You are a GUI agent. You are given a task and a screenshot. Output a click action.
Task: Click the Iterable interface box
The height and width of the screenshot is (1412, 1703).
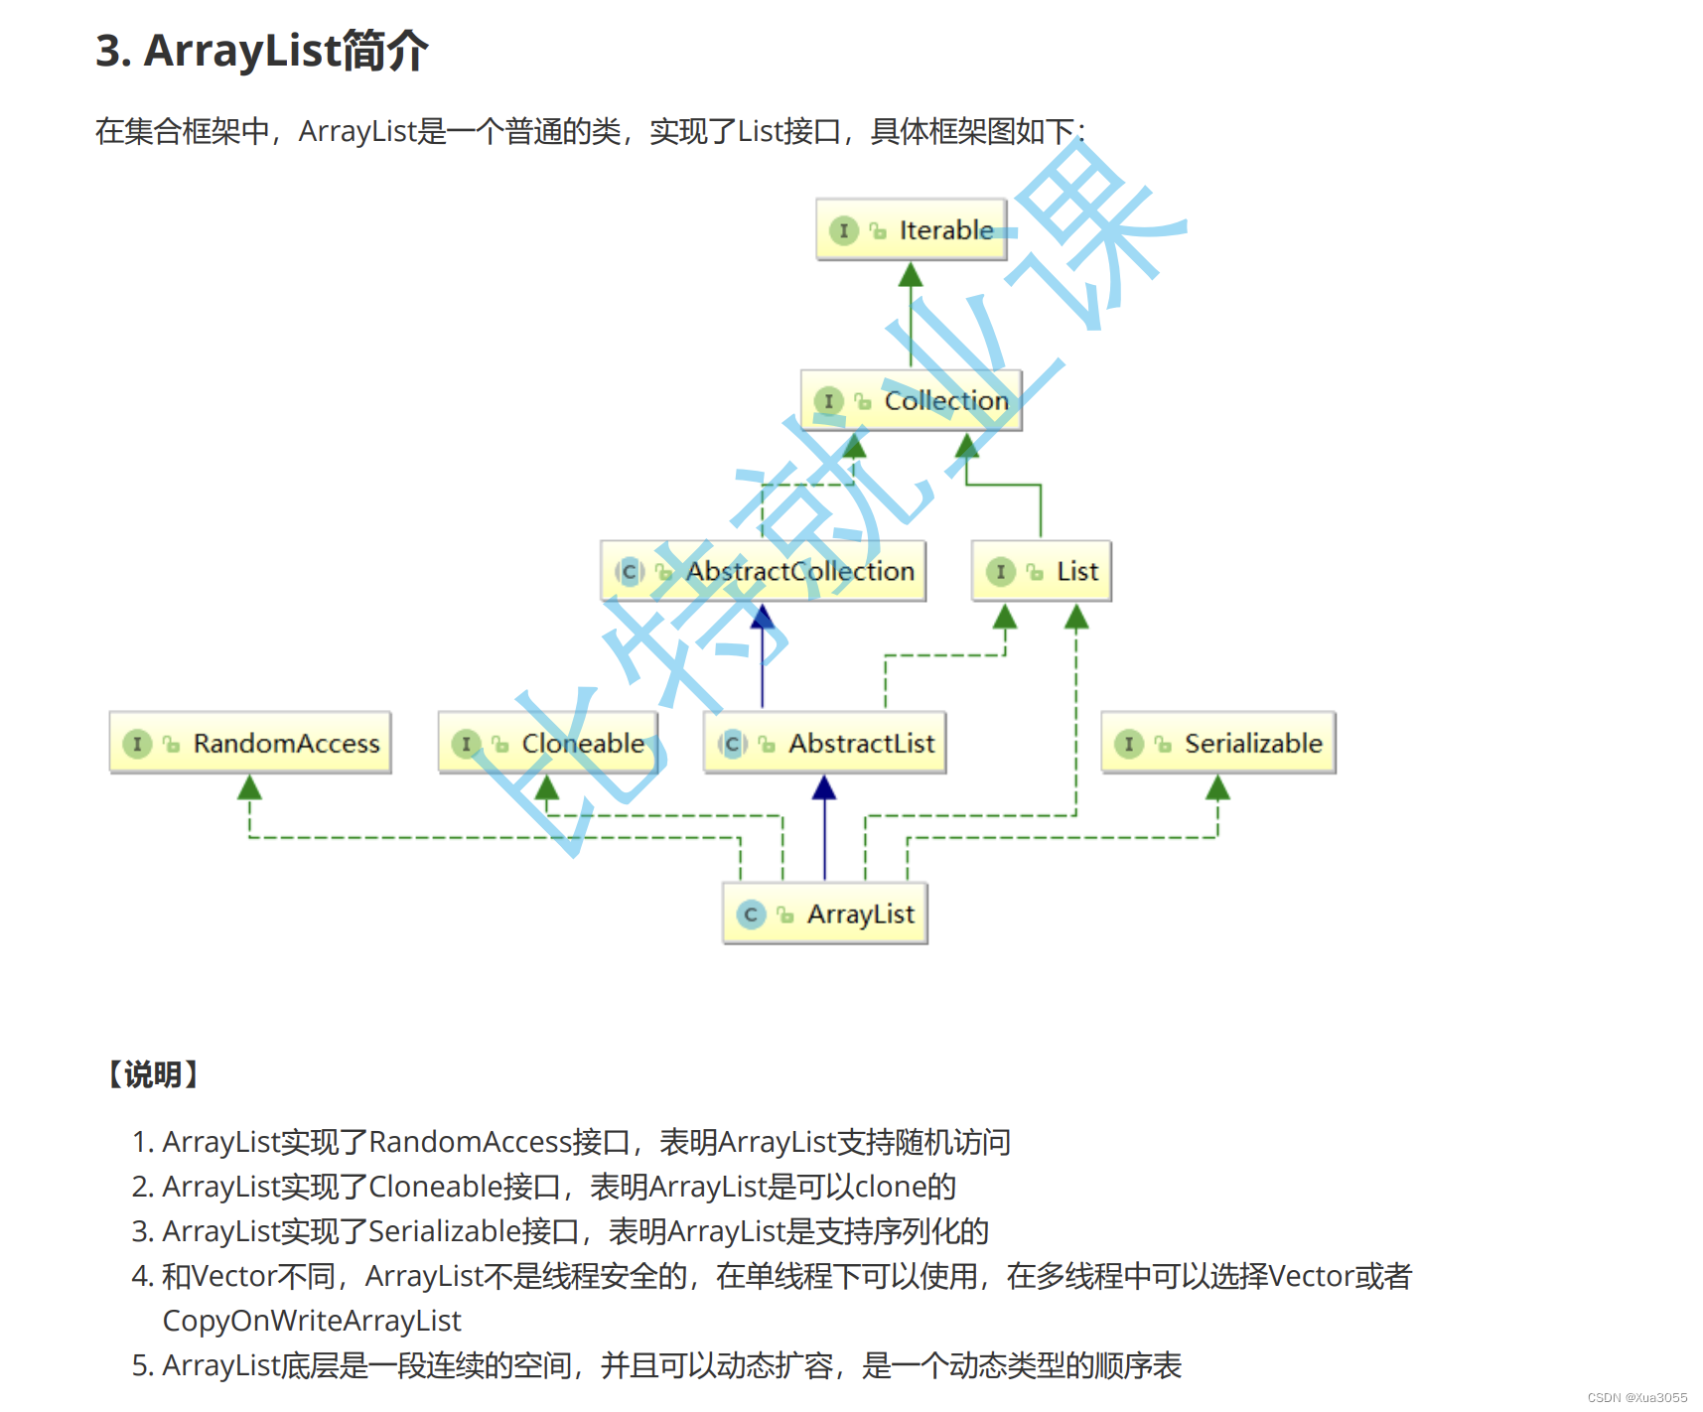tap(911, 230)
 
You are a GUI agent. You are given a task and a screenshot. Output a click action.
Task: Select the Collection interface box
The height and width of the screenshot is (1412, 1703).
tap(911, 401)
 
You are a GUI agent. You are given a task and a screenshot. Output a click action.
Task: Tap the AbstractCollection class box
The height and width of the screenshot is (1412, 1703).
tap(763, 571)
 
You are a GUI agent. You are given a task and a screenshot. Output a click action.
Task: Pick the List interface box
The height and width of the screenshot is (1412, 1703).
tap(1041, 571)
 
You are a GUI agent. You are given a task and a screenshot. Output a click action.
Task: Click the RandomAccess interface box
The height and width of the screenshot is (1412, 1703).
tap(250, 743)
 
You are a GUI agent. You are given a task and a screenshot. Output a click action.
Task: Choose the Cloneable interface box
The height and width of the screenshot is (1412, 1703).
tap(548, 743)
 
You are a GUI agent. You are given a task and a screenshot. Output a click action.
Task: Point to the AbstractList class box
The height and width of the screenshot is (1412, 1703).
tap(824, 743)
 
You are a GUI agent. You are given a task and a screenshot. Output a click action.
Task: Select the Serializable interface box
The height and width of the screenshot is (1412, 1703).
tap(1217, 743)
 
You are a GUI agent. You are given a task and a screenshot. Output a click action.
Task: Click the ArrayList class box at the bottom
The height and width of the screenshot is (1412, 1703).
tap(825, 914)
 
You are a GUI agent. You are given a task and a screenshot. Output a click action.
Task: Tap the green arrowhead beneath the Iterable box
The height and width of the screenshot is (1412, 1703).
tap(911, 275)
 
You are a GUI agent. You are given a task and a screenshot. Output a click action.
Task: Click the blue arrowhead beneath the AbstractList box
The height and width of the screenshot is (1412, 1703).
tap(824, 788)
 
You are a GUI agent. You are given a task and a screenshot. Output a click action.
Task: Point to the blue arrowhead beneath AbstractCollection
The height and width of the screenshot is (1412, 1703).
tap(763, 617)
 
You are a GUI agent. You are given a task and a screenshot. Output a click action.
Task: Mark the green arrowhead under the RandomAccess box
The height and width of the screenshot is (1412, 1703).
tap(250, 788)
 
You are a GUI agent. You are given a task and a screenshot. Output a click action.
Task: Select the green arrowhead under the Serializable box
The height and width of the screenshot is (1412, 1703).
tap(1217, 788)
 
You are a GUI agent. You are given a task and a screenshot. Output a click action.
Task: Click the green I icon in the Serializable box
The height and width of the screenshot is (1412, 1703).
tap(1129, 744)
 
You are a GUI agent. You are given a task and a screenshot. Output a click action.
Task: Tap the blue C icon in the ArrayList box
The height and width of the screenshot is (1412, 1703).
tap(751, 915)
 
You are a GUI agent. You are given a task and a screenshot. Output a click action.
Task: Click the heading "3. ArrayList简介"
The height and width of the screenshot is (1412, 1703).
tap(262, 51)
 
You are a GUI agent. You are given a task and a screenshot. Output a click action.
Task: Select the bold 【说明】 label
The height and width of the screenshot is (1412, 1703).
tap(153, 1074)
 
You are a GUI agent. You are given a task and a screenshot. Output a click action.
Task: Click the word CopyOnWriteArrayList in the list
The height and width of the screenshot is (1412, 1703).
tap(312, 1321)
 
